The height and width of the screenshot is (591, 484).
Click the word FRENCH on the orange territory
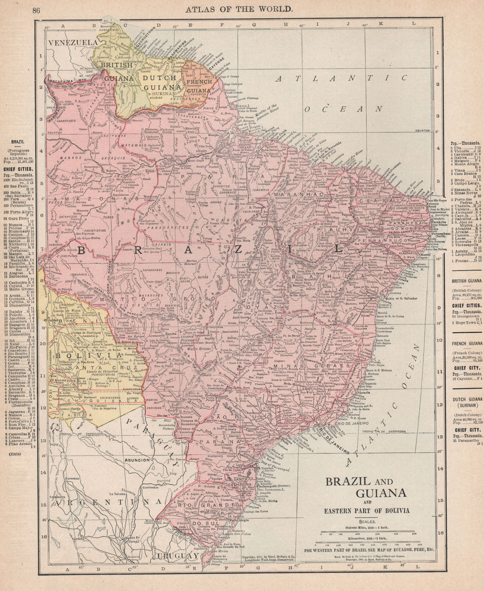tap(199, 82)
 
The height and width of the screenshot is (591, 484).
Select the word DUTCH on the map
tap(158, 78)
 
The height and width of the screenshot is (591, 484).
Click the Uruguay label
tap(179, 555)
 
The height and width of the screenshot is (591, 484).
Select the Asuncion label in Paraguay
tap(137, 460)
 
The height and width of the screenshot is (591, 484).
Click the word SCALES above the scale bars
tap(368, 521)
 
